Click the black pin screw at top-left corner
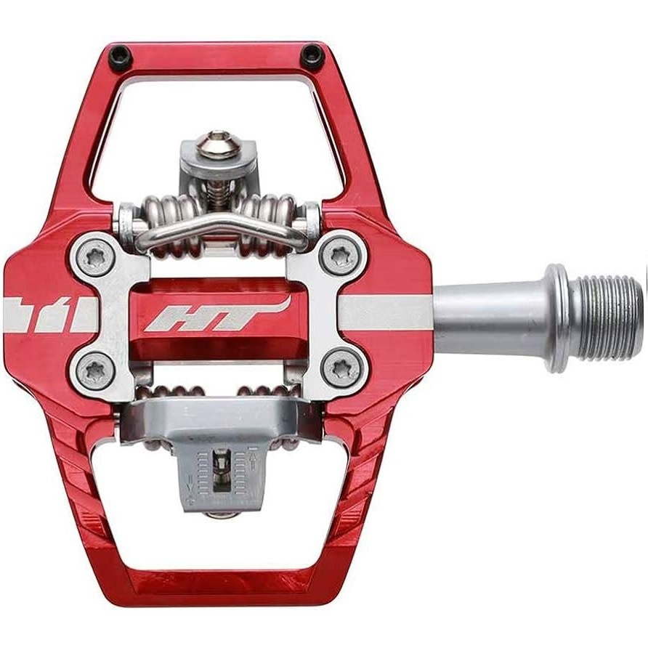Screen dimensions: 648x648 [120, 55]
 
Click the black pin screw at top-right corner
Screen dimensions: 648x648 [313, 55]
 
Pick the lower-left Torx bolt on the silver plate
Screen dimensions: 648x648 [96, 370]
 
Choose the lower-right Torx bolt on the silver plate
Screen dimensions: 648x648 [339, 370]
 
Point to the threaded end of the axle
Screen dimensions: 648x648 [610, 317]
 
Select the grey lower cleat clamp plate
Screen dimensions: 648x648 [218, 421]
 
